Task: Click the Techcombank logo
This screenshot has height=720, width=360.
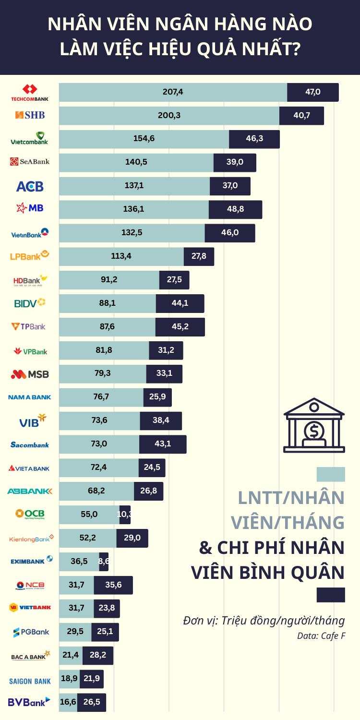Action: click(30, 92)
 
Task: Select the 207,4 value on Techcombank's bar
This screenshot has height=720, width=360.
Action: click(173, 92)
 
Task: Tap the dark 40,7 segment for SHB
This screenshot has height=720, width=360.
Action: click(301, 116)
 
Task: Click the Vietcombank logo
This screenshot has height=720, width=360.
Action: click(30, 139)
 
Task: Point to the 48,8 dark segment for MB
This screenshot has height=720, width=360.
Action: click(235, 209)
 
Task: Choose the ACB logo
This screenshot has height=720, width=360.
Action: click(30, 186)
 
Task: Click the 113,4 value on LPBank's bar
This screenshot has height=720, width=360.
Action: click(121, 256)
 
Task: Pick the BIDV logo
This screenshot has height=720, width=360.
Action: click(30, 303)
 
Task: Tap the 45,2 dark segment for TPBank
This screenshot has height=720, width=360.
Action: click(180, 327)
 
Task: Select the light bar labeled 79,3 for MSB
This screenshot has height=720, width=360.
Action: click(103, 374)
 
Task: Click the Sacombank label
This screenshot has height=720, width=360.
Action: click(30, 444)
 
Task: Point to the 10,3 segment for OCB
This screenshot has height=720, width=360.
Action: click(125, 515)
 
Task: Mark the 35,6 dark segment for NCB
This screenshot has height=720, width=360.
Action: click(113, 585)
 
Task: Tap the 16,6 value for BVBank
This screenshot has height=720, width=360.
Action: click(68, 702)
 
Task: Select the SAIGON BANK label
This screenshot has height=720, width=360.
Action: click(30, 681)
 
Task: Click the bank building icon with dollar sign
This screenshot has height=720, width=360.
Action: click(314, 425)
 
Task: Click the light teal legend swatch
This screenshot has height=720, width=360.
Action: click(331, 474)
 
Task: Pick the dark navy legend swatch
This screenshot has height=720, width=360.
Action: click(331, 595)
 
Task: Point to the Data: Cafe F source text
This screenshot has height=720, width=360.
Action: click(321, 636)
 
